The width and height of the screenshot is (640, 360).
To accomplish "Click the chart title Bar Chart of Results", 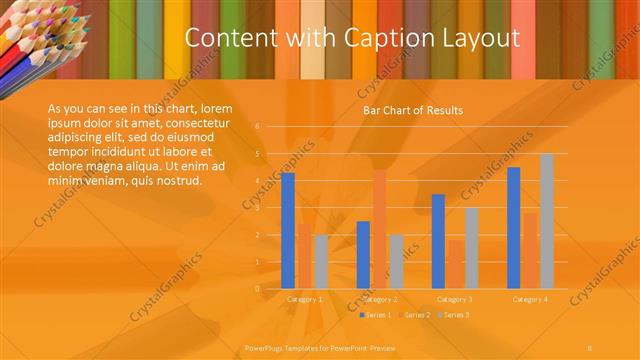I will click(x=412, y=110).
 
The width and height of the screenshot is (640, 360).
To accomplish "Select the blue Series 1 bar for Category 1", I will click(x=288, y=230).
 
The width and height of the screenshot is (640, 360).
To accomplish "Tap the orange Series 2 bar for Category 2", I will click(x=379, y=229).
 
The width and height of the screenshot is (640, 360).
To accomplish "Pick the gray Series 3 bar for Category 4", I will click(x=547, y=221).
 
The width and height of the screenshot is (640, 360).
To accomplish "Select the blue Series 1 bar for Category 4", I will click(x=514, y=227).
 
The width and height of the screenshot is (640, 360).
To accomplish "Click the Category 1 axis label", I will click(x=304, y=299).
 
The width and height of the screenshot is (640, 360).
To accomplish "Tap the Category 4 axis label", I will click(x=529, y=299).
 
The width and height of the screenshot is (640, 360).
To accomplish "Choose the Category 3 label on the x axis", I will click(x=455, y=299).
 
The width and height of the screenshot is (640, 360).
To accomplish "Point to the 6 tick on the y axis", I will click(x=257, y=127).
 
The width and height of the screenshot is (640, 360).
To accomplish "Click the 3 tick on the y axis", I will click(x=257, y=208).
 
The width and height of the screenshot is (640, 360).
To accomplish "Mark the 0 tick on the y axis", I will click(x=257, y=289).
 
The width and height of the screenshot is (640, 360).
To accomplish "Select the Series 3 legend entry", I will click(x=455, y=315).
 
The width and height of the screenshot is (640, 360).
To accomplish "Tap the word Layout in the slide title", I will click(x=481, y=39).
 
